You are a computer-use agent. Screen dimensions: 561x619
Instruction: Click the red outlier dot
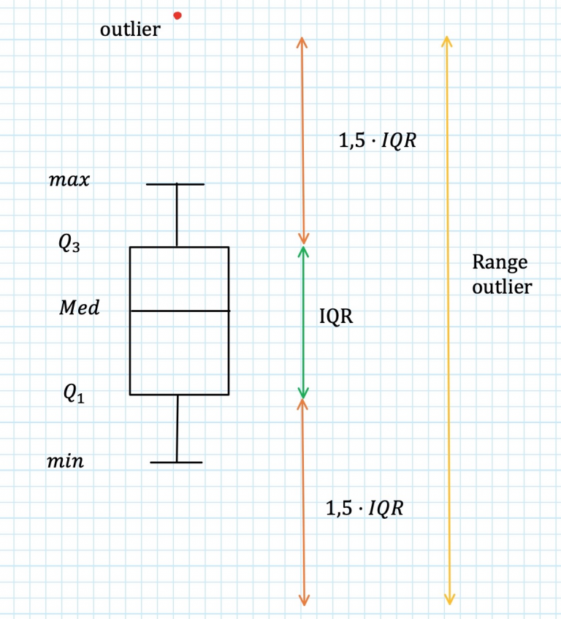point(178,16)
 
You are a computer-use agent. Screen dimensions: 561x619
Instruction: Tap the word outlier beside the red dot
point(130,29)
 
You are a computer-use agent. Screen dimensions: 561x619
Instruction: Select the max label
point(69,180)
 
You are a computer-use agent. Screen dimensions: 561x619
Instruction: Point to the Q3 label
point(69,243)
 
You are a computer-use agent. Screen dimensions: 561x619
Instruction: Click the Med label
point(80,308)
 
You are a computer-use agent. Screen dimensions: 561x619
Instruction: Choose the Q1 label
point(75,394)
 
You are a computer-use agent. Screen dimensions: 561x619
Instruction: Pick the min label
point(66,461)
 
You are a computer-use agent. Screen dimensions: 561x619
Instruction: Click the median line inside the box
point(180,311)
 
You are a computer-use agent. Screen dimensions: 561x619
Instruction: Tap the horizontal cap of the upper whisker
point(175,184)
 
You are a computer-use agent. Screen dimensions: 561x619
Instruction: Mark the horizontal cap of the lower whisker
point(176,463)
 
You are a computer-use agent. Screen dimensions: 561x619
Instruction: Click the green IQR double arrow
point(303,322)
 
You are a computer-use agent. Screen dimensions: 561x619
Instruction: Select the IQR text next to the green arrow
point(336,316)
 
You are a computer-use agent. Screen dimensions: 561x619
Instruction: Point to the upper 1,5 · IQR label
point(378,140)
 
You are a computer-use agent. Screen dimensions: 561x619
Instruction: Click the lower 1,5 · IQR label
point(365,508)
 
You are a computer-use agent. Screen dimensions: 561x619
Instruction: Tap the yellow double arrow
point(448,321)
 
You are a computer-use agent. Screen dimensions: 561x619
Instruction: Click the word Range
point(500,262)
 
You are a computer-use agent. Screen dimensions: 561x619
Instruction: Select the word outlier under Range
point(503,287)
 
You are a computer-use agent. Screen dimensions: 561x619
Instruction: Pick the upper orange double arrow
point(302,141)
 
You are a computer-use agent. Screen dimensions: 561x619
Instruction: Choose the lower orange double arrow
point(303,502)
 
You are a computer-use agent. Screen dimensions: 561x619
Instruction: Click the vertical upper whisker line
point(177,216)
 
